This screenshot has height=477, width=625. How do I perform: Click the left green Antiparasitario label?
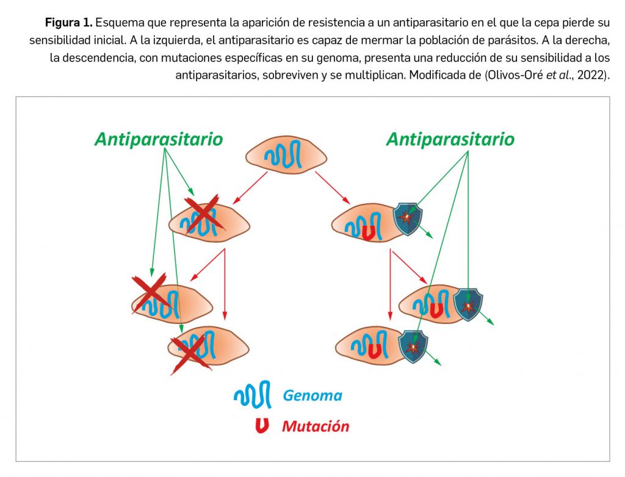[159, 139]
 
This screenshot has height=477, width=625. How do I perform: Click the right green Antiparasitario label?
[450, 139]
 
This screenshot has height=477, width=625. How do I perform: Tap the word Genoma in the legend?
[312, 395]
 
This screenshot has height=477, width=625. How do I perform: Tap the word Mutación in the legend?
[315, 426]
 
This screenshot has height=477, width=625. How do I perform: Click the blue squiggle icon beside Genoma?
[251, 396]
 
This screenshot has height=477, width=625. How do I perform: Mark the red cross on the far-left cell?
[150, 292]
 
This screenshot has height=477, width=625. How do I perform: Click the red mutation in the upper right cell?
[368, 232]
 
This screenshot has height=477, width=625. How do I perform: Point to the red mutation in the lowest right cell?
[376, 351]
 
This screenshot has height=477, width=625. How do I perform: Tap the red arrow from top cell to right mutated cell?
[333, 188]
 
